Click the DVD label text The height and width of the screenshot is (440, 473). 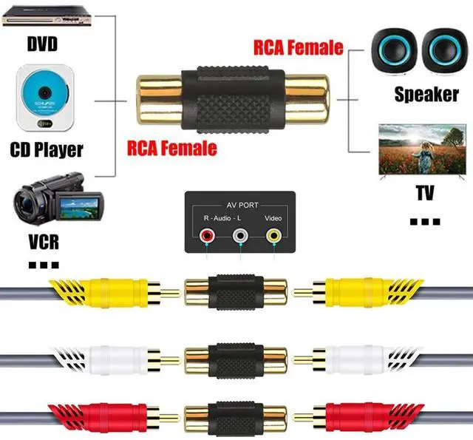[x=42, y=44]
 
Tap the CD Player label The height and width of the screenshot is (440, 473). [x=47, y=149]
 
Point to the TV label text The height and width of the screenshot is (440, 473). [x=424, y=194]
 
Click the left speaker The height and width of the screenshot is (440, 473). [x=398, y=53]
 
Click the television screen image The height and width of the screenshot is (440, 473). [x=422, y=152]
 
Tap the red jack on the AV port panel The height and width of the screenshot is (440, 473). [x=208, y=237]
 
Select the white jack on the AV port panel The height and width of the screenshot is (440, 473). [x=240, y=237]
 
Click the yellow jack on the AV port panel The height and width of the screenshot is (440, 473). [x=274, y=237]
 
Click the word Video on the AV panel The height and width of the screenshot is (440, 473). [x=274, y=219]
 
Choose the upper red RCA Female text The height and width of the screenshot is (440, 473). [x=299, y=47]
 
